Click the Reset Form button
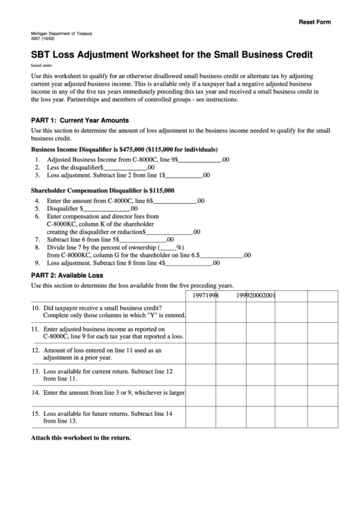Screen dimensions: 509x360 315,22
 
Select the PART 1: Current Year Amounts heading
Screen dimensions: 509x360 80,120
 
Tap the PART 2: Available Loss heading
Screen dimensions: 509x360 67,275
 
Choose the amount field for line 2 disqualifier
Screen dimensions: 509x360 125,167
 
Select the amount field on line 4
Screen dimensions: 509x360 175,201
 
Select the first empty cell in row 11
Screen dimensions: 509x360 202,332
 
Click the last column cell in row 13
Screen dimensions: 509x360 318,376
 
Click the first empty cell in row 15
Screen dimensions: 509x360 202,416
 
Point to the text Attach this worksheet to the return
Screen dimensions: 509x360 81,438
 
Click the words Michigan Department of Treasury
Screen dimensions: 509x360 62,33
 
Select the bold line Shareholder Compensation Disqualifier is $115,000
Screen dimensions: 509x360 103,191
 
